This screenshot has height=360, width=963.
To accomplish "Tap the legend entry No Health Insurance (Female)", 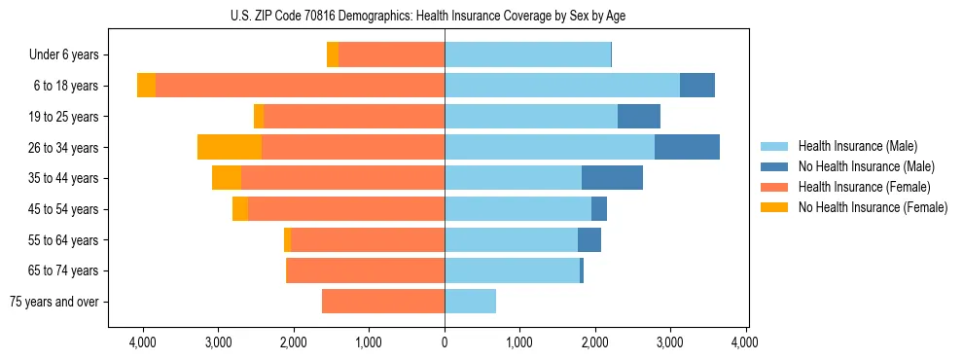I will (873, 207).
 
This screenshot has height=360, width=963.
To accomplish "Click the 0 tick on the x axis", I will (445, 342).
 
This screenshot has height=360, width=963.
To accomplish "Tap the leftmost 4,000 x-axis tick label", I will (143, 342).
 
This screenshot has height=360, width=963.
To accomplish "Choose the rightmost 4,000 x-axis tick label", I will (746, 342).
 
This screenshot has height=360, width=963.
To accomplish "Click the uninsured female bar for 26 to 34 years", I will (230, 147).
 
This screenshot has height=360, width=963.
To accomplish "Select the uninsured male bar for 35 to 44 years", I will (612, 178).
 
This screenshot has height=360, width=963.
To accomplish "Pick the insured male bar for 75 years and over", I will (470, 302).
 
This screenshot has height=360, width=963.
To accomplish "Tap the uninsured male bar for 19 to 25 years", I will (638, 117).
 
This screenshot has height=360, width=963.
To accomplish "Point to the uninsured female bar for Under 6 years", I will (333, 55).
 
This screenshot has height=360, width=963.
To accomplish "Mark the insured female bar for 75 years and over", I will (383, 302).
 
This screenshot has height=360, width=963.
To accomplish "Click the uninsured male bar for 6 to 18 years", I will (696, 86).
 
